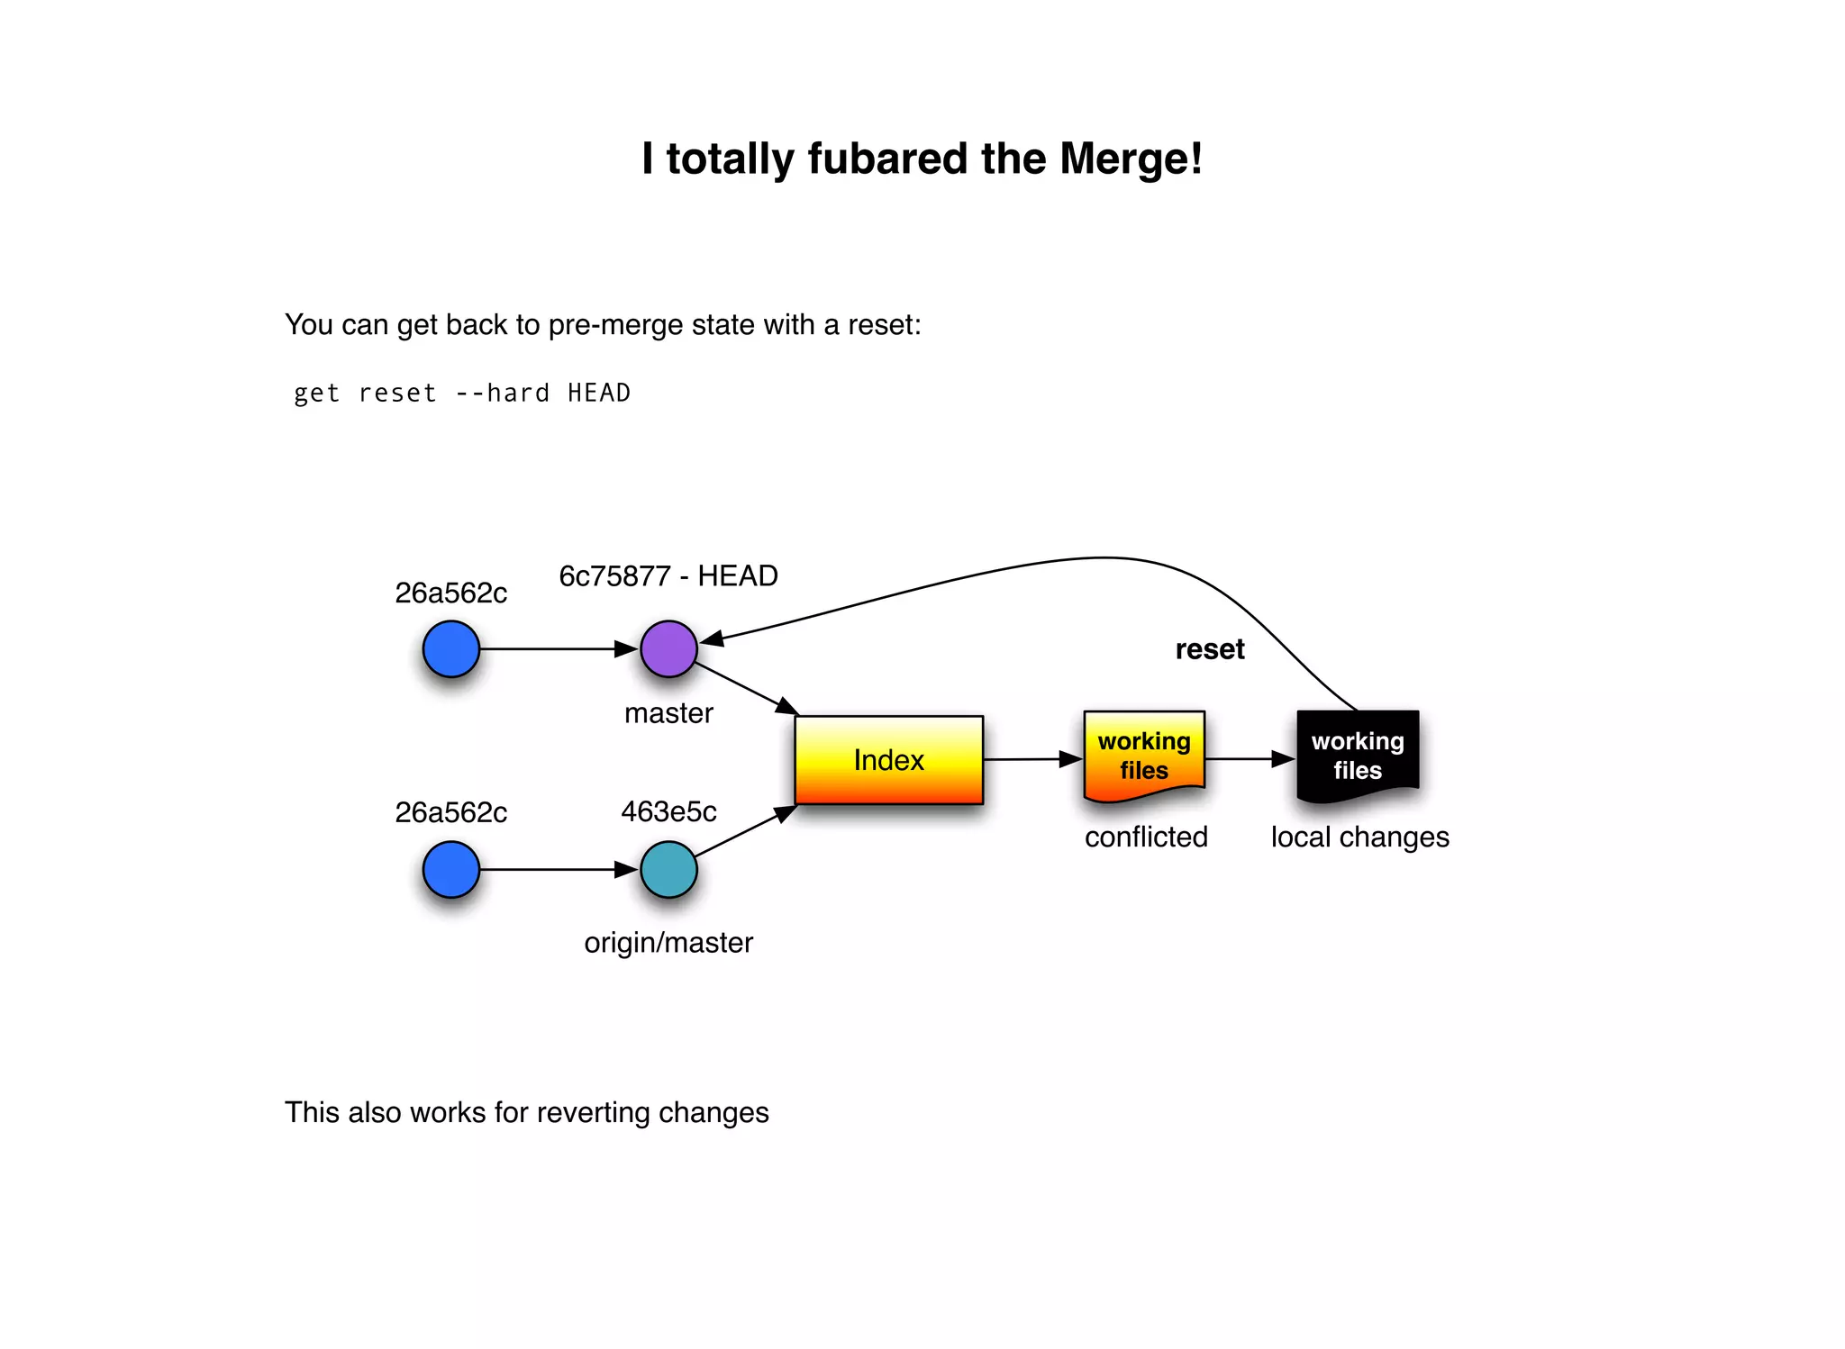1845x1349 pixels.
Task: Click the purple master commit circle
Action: click(668, 648)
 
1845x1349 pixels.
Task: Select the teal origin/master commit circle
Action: click(668, 869)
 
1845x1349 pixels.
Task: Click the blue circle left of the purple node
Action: click(450, 648)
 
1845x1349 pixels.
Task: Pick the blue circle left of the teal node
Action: click(450, 869)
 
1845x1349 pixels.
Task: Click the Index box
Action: click(888, 760)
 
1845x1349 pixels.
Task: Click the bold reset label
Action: click(1209, 649)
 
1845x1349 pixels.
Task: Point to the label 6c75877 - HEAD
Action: click(668, 575)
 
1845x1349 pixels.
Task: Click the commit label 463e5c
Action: click(668, 811)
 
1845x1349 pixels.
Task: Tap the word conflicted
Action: click(1146, 837)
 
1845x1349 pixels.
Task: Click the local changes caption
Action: click(1359, 837)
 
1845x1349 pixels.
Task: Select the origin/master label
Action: click(668, 942)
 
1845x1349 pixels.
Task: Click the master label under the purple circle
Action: click(668, 712)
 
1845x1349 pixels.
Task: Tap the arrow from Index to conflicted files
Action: click(1032, 759)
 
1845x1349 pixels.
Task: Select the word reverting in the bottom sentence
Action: click(593, 1112)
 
